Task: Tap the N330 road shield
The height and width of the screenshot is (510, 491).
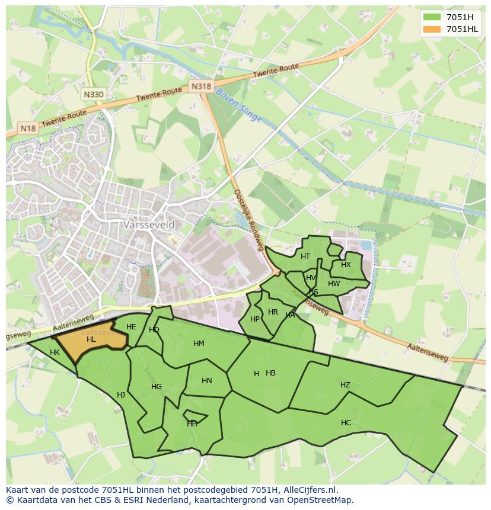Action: click(x=93, y=94)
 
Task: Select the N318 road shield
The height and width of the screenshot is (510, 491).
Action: click(x=201, y=86)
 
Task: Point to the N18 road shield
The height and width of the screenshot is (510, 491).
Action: click(x=27, y=127)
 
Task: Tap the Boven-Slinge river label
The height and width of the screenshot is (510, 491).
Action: click(x=238, y=106)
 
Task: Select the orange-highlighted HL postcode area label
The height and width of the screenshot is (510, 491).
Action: click(x=91, y=339)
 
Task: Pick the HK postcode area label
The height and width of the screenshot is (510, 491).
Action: click(x=55, y=352)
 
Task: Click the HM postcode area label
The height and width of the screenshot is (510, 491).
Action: click(x=199, y=344)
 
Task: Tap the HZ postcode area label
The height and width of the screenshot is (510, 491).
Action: click(x=345, y=385)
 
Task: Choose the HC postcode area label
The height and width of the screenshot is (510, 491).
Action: click(x=346, y=423)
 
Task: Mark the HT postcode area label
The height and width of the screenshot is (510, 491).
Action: click(x=305, y=256)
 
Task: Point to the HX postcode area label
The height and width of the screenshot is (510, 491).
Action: click(x=346, y=265)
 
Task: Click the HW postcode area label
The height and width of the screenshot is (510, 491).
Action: click(x=334, y=284)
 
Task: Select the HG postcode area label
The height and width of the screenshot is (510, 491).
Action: click(x=157, y=387)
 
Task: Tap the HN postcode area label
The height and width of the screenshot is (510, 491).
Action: click(x=206, y=381)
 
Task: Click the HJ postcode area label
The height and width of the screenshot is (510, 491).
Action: click(x=121, y=395)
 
